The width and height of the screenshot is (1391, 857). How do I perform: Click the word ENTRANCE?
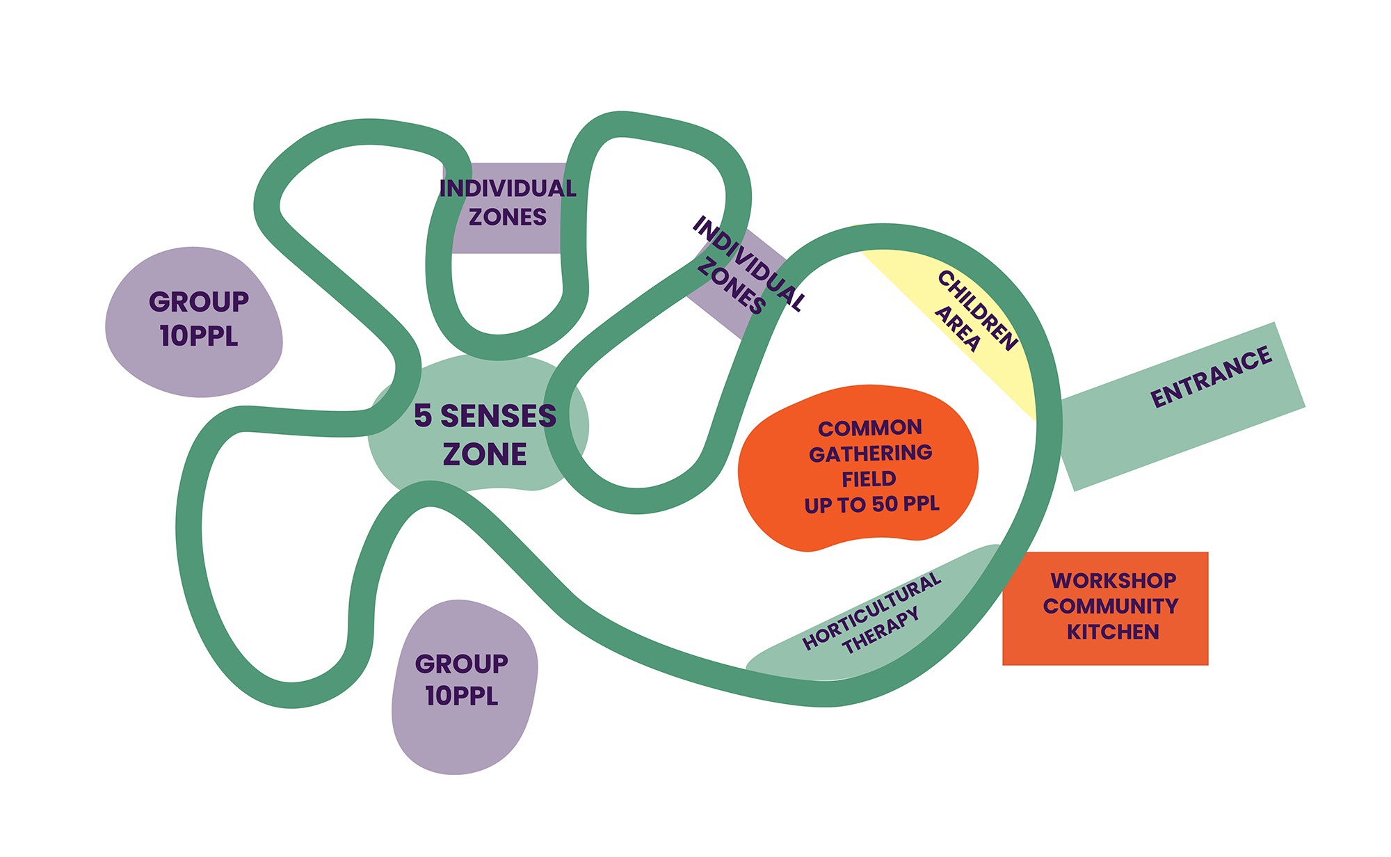(1212, 377)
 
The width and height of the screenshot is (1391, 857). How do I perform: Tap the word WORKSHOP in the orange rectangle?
(1113, 580)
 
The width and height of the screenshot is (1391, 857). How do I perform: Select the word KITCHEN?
(1113, 632)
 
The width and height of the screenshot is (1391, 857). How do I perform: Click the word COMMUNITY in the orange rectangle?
(1111, 606)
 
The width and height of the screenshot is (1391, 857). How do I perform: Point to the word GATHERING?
(871, 454)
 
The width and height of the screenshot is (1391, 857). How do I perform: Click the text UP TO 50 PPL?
(871, 504)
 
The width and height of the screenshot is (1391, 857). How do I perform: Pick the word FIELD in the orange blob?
(869, 479)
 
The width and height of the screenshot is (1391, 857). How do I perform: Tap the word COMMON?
(870, 428)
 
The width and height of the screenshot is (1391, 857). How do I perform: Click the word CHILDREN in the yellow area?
(978, 310)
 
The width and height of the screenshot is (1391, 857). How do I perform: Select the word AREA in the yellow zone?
(958, 329)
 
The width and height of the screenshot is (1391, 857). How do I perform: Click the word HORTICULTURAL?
(871, 611)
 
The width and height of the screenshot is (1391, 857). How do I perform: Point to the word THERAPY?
(881, 631)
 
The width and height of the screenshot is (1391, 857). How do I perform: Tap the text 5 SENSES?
(485, 416)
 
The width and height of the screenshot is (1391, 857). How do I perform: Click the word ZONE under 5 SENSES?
(485, 454)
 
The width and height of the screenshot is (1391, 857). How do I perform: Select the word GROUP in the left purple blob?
(199, 302)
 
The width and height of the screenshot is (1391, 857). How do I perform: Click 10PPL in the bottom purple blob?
(462, 696)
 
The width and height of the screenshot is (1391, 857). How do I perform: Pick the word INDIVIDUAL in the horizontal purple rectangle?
(508, 189)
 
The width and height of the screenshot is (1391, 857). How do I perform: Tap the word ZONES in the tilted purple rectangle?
(731, 286)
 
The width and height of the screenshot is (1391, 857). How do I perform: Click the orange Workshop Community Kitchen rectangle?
(1105, 609)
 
